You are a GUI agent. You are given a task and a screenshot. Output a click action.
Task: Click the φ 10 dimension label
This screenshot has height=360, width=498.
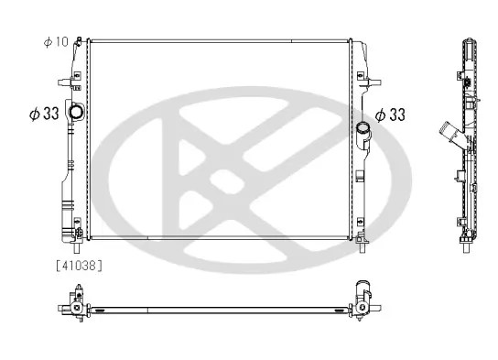(56, 41)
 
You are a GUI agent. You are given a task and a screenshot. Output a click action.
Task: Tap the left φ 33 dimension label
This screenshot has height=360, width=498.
(44, 114)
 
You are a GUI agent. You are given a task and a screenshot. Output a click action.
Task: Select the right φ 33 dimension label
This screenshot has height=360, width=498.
(390, 115)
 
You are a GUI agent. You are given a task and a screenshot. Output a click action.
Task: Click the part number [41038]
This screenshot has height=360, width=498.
(80, 266)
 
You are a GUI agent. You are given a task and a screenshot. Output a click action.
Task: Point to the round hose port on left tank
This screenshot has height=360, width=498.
(76, 112)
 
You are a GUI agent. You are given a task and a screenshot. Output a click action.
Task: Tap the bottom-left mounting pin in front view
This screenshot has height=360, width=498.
(77, 247)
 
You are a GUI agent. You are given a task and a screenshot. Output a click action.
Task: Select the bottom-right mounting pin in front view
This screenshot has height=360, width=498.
(363, 247)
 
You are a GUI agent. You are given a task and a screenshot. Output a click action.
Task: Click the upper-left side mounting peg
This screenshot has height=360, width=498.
(64, 82)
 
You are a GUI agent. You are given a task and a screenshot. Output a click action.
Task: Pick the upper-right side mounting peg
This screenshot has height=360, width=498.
(374, 82)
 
